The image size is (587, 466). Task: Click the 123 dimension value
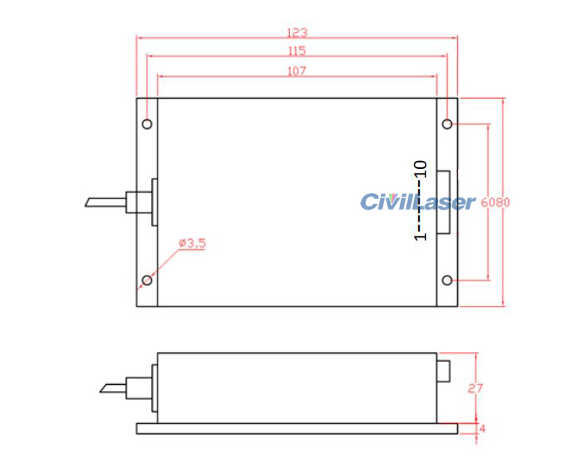[x=296, y=33]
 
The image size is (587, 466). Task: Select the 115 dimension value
[x=296, y=51]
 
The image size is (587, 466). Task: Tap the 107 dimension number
[x=296, y=71]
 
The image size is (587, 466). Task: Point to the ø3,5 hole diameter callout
[x=192, y=243]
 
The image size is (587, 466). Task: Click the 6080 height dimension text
[x=495, y=202]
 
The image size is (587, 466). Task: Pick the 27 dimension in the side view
[x=475, y=389]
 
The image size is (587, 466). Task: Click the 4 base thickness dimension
[x=482, y=429]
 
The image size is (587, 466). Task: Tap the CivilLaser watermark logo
[x=417, y=202]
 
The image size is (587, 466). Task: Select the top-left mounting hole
[x=147, y=123]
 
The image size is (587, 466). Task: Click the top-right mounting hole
[x=448, y=123]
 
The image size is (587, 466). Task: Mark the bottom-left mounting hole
[x=147, y=280]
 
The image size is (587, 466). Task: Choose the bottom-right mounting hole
[x=448, y=280]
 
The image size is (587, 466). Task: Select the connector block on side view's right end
[x=444, y=370]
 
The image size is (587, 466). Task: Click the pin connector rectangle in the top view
[x=443, y=202]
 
